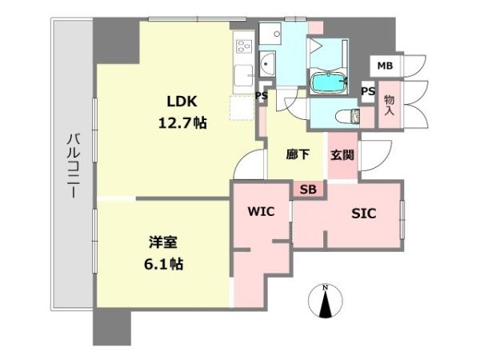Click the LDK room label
coord(182,102)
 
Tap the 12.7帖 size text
coord(182,123)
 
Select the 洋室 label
coord(163,242)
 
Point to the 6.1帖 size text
coord(164,264)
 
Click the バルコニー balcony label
coord(74,166)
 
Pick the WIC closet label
coord(261,211)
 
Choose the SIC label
coord(364,214)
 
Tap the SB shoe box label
coord(308,190)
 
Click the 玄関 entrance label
coord(342,155)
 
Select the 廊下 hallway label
coord(298,154)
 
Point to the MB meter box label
coord(385,66)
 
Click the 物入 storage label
coord(389,105)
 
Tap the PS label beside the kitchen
coord(262,96)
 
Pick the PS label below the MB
coord(368,91)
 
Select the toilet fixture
coord(348,116)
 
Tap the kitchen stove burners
coord(244,46)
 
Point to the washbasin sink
coord(267,64)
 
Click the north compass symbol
coord(325,302)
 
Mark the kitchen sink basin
coord(243,76)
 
